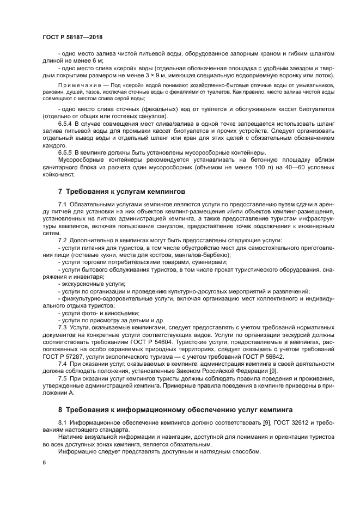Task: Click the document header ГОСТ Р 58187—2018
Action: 72,38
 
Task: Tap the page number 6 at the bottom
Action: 44,462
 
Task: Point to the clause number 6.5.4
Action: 66,125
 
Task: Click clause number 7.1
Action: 62,203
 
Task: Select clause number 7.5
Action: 62,378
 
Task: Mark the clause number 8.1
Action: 62,422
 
